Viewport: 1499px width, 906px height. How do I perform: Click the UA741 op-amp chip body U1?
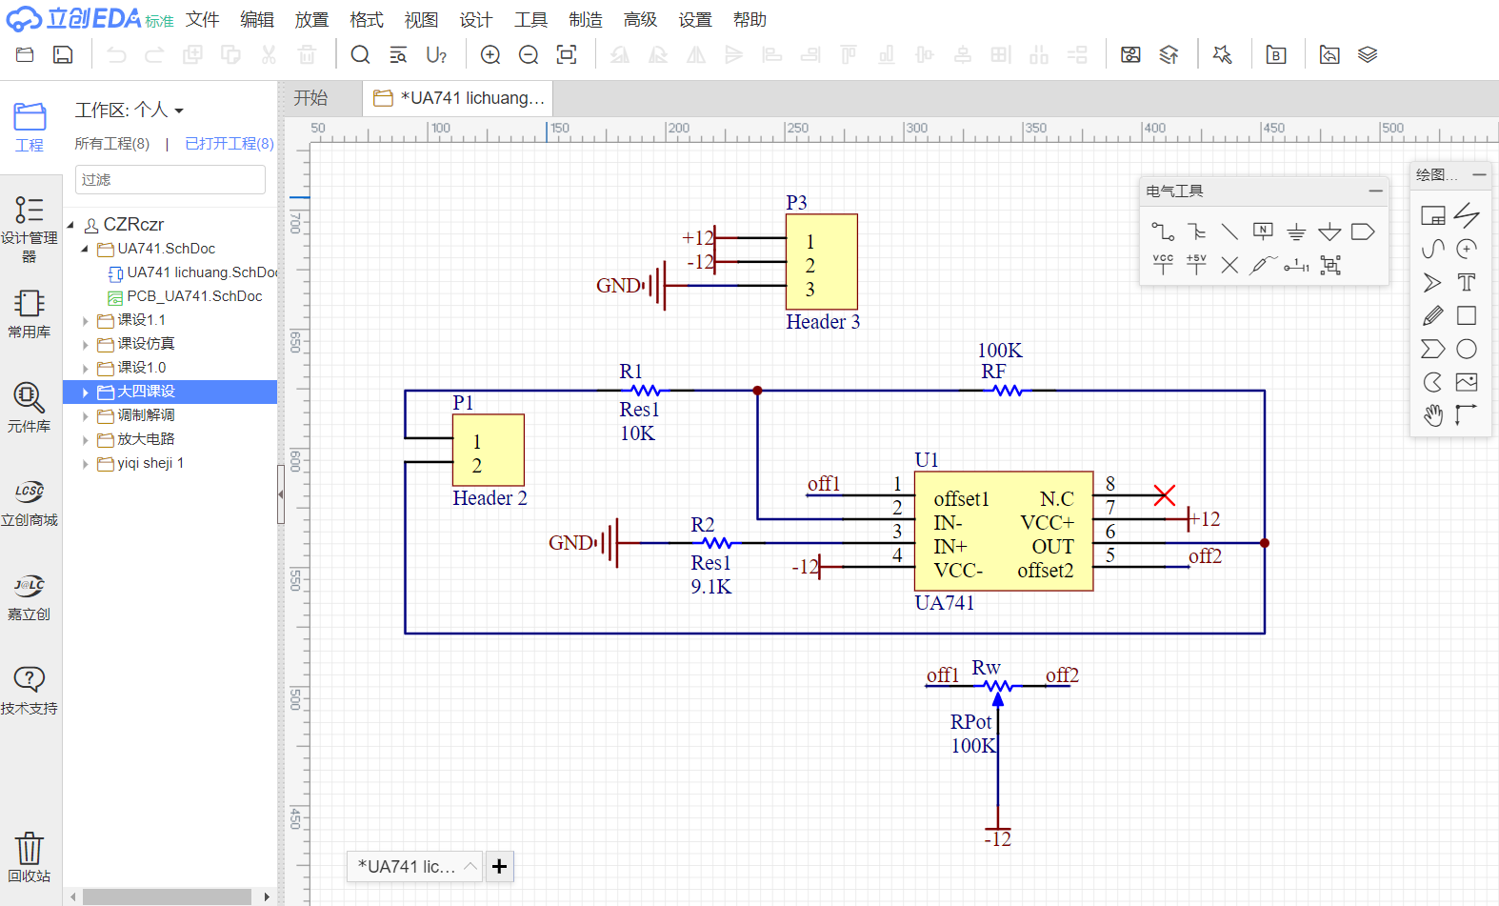[1003, 531]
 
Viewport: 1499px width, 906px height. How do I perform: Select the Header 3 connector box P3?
[821, 261]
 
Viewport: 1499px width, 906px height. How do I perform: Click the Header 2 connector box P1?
[488, 450]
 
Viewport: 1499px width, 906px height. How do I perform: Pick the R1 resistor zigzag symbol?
[645, 391]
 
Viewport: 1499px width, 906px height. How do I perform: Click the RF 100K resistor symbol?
[1007, 391]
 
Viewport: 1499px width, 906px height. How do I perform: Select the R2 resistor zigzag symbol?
[716, 543]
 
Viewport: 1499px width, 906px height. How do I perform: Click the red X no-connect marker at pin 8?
[1164, 495]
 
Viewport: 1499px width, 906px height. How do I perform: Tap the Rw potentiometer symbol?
[997, 686]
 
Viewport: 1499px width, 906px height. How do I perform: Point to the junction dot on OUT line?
[1265, 543]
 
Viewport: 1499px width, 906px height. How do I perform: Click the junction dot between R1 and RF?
[758, 391]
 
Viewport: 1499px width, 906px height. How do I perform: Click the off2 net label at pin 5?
[1205, 556]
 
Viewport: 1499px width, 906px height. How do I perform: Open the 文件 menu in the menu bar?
[202, 20]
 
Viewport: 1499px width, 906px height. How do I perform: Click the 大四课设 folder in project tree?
[146, 392]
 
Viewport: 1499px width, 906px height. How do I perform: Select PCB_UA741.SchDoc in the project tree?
[194, 296]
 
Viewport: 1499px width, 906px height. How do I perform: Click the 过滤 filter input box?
[170, 179]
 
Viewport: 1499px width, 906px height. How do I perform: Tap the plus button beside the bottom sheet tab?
[500, 866]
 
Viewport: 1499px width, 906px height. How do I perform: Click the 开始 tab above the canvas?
[310, 98]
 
